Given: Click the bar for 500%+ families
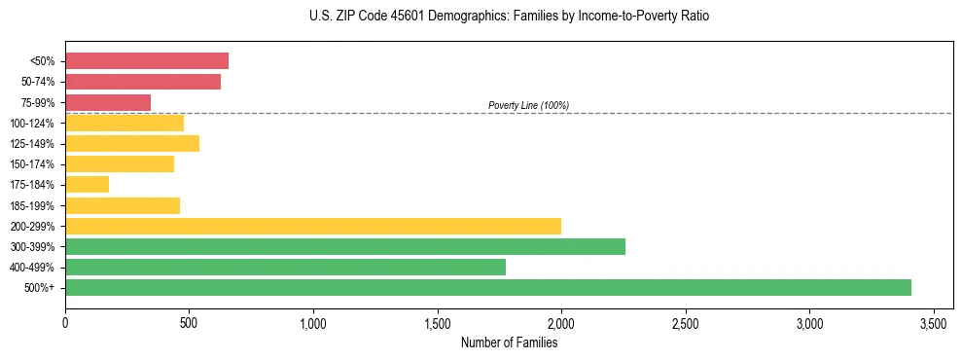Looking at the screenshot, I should (487, 287).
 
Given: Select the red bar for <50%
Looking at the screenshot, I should (147, 61).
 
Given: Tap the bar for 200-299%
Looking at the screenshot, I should (313, 226).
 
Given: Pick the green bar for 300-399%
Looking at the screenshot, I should (345, 246).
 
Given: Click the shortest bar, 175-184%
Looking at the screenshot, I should (87, 185).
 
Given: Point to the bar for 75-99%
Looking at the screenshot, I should (108, 102).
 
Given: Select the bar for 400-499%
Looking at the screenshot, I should (285, 267).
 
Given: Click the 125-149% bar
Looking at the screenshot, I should (132, 144).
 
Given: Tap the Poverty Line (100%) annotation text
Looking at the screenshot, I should (528, 105).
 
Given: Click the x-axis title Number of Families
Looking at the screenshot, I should (509, 342).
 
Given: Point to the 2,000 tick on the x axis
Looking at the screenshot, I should (561, 322).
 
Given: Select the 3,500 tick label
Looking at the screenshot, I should (934, 322).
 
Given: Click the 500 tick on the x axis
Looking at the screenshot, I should (189, 322).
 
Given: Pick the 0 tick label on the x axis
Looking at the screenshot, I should (65, 322).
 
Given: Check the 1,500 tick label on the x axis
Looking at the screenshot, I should (437, 322).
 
